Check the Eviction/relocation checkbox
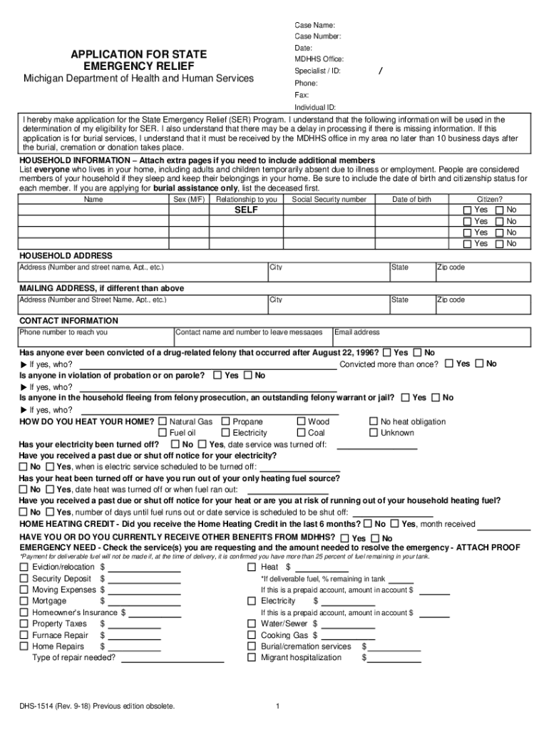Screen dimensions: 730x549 (24, 567)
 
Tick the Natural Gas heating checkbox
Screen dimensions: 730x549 (163, 422)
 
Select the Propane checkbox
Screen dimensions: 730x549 (226, 422)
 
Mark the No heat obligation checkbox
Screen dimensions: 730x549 (374, 422)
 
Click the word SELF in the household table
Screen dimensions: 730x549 (247, 211)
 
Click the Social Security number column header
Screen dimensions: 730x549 (329, 200)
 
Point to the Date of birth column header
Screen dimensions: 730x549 (411, 200)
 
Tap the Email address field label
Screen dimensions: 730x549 (357, 332)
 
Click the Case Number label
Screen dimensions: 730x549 (317, 36)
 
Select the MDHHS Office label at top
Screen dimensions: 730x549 (319, 59)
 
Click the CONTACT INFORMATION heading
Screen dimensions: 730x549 (68, 321)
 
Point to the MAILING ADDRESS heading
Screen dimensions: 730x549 (101, 288)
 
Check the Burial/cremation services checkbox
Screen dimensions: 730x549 (252, 647)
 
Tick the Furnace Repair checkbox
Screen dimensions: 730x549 (24, 635)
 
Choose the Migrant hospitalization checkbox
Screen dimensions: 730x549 (252, 658)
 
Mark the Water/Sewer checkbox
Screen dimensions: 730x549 (252, 624)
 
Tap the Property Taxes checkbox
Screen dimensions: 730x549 (24, 624)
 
